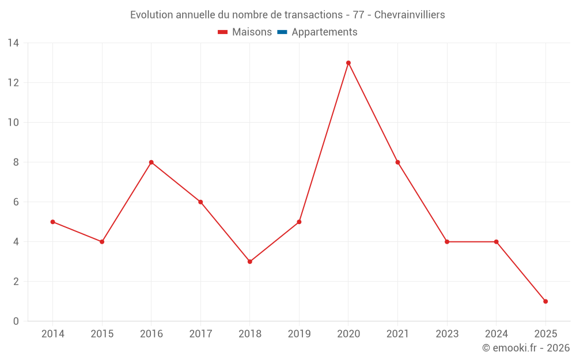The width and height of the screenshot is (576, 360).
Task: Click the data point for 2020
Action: tap(348, 63)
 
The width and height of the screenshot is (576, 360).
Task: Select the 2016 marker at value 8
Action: tap(151, 162)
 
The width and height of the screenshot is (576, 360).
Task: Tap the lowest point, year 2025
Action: tap(545, 301)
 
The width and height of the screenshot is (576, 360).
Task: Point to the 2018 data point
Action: tap(250, 262)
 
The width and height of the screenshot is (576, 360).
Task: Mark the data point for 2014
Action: tap(53, 222)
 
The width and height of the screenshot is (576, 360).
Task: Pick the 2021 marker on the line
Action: tap(397, 162)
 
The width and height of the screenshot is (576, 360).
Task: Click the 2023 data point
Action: tap(447, 242)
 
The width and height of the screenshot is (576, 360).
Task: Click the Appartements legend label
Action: tap(324, 32)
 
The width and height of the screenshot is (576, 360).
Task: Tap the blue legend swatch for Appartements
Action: tap(282, 32)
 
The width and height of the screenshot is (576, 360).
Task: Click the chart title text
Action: tap(287, 15)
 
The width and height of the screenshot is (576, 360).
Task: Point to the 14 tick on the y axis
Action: tap(13, 43)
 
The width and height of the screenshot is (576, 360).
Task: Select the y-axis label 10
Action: tap(13, 123)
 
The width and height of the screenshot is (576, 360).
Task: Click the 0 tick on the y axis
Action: tap(16, 321)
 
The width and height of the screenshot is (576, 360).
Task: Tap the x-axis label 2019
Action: tap(299, 334)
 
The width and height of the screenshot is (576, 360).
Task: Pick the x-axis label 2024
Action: tap(496, 334)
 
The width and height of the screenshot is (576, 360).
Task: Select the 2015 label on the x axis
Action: tap(102, 334)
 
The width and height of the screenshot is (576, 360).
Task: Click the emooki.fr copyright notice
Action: tap(525, 348)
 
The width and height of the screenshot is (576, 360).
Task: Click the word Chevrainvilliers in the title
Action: tap(410, 15)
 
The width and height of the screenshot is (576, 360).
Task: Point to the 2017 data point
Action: tap(200, 202)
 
